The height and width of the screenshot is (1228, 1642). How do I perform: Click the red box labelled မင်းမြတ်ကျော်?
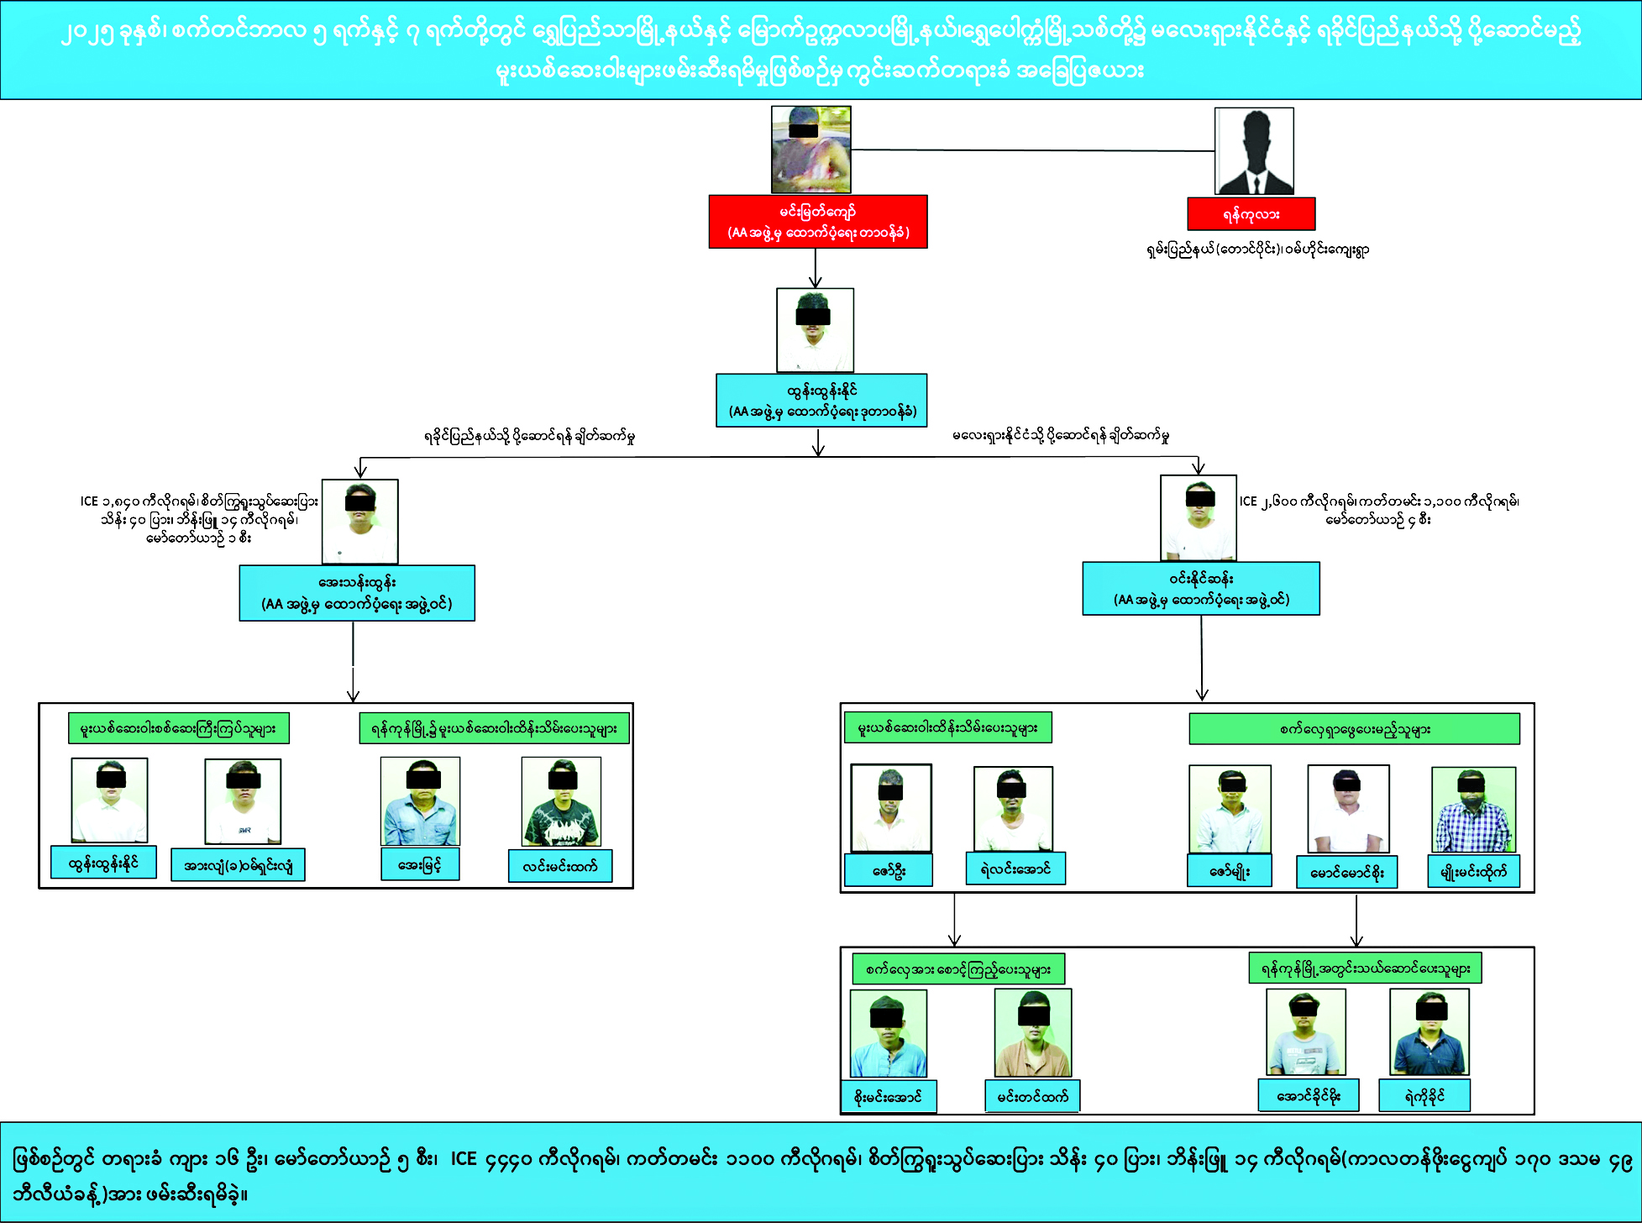(x=818, y=222)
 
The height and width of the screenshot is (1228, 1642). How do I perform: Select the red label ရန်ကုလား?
(x=1251, y=214)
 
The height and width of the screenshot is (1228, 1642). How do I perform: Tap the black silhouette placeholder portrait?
(x=1254, y=151)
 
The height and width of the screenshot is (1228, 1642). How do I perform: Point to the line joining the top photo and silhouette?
(x=1033, y=150)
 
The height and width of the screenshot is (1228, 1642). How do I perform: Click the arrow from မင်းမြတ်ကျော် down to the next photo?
(x=816, y=268)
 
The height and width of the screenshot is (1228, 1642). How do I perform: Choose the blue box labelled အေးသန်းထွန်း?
(x=357, y=593)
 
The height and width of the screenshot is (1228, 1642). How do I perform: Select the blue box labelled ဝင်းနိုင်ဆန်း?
(x=1201, y=589)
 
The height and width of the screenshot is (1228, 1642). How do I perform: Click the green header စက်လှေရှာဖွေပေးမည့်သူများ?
(x=1354, y=729)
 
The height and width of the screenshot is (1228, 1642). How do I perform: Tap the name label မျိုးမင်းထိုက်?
(x=1473, y=872)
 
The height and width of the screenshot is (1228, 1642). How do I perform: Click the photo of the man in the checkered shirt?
(x=1473, y=810)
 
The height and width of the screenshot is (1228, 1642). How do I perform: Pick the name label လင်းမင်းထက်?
(x=560, y=866)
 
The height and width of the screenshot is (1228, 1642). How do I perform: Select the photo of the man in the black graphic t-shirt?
(x=561, y=801)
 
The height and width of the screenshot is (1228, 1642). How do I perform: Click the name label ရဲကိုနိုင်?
(x=1424, y=1095)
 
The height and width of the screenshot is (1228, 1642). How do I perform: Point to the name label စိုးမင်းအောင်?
(x=889, y=1096)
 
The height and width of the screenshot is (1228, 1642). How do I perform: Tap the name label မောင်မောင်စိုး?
(x=1347, y=872)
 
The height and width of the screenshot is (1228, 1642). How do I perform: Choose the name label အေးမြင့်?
(x=420, y=864)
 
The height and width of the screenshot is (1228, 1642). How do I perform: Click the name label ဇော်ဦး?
(x=889, y=870)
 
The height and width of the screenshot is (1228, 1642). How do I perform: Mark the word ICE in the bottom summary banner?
(x=464, y=1159)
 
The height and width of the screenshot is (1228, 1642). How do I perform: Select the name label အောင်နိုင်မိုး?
(x=1309, y=1095)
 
